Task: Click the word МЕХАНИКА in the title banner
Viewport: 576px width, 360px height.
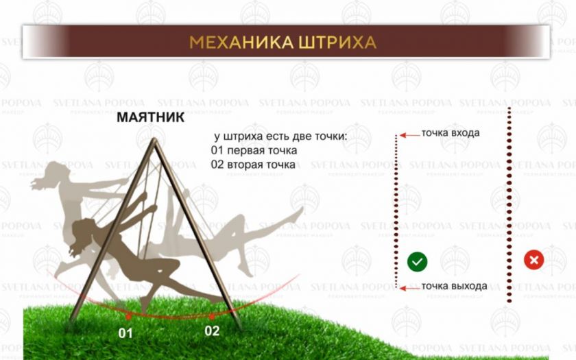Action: tap(241, 43)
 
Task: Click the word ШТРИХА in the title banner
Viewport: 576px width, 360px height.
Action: tap(337, 43)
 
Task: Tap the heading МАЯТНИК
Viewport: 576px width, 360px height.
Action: tap(151, 117)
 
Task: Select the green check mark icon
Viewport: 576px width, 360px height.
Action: tap(418, 262)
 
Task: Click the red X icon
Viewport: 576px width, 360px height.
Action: tap(533, 260)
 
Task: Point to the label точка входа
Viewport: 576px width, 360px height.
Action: tap(451, 132)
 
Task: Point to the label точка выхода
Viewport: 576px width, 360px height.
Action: tap(454, 286)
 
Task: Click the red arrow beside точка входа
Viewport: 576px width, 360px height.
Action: tap(409, 136)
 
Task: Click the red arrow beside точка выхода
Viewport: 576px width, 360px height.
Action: tap(409, 289)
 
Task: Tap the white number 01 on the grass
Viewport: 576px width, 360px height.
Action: tap(125, 333)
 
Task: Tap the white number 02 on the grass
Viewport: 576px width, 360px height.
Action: tap(212, 331)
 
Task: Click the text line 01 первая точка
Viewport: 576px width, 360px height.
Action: tap(254, 151)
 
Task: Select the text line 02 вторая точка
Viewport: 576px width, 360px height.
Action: tap(253, 164)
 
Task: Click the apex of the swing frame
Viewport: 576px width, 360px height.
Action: tap(154, 140)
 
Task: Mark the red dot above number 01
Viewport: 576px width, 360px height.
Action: tap(128, 316)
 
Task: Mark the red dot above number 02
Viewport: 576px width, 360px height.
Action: tap(212, 315)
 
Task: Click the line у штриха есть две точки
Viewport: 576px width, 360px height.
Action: tap(280, 136)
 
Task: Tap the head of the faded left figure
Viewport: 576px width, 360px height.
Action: tap(55, 172)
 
